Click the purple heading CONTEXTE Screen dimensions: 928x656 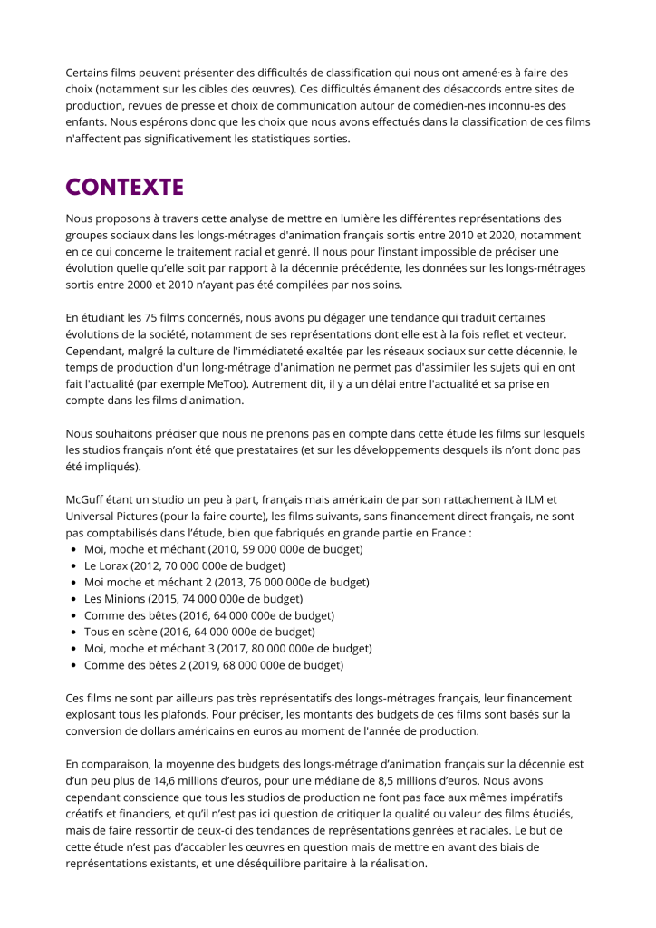124,188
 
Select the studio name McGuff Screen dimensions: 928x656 87,498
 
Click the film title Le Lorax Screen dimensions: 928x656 106,565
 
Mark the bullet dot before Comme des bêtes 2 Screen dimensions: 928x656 72,665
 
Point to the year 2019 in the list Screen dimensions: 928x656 205,665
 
